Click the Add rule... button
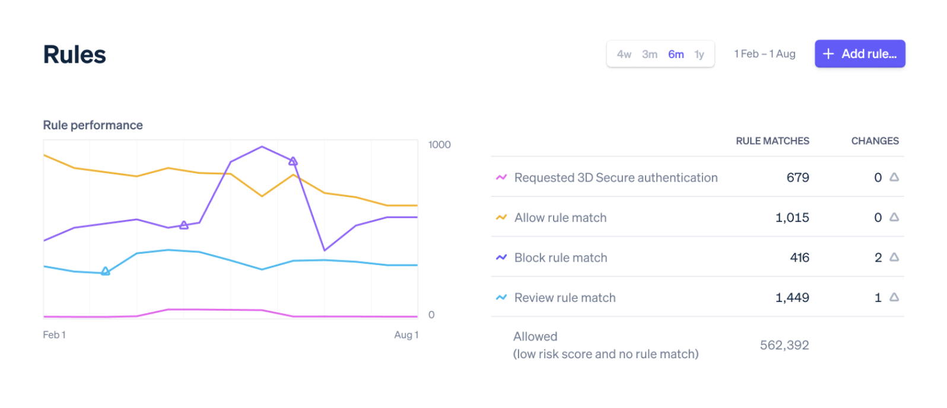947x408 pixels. (859, 54)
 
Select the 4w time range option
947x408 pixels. (624, 55)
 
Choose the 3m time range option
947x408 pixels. (650, 55)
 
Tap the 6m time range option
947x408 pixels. (676, 55)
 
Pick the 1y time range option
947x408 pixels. (700, 55)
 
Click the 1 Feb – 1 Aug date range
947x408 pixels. (764, 54)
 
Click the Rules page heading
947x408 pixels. (75, 55)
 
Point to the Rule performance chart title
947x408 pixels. (93, 125)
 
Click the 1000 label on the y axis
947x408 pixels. (439, 145)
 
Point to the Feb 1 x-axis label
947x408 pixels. (54, 335)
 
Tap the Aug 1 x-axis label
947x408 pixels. (406, 335)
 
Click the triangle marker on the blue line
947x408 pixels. (106, 272)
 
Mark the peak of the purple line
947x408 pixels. (262, 146)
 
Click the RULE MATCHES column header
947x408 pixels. (772, 141)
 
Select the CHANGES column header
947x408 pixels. (875, 141)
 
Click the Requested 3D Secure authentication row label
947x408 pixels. (616, 178)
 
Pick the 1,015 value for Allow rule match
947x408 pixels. (792, 218)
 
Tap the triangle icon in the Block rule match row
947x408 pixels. (894, 257)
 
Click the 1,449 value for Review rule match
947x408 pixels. (792, 298)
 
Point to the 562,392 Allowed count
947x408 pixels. (784, 345)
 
